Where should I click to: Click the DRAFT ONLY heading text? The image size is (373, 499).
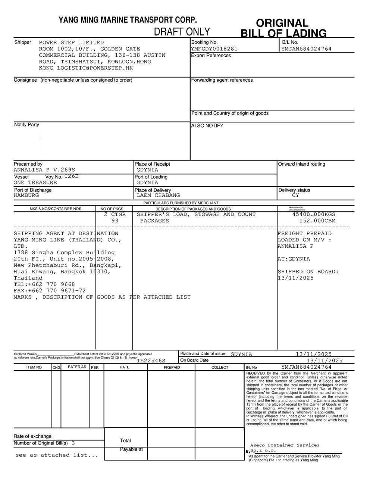point(182,32)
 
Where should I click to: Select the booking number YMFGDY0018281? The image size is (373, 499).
point(214,49)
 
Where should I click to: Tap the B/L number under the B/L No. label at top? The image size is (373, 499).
point(306,49)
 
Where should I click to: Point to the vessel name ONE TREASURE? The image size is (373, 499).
point(35,183)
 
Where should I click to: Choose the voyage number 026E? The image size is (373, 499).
point(72,176)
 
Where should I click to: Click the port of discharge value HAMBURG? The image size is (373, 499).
point(26,195)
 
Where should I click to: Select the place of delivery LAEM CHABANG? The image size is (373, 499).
point(158,195)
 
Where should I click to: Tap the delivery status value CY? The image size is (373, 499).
point(295,195)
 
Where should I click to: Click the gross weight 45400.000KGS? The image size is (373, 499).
point(314,215)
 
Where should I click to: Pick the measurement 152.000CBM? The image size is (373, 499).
point(317,221)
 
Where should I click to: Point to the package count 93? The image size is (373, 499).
point(115,221)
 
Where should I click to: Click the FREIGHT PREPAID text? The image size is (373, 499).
point(305,234)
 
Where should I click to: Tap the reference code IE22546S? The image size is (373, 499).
point(151,361)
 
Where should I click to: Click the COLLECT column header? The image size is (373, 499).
point(220,368)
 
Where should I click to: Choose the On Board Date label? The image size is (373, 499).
point(194,361)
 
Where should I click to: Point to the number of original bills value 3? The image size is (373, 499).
point(73,443)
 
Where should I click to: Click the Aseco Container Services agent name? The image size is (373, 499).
point(285,445)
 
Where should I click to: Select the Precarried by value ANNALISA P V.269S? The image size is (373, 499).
point(44,170)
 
